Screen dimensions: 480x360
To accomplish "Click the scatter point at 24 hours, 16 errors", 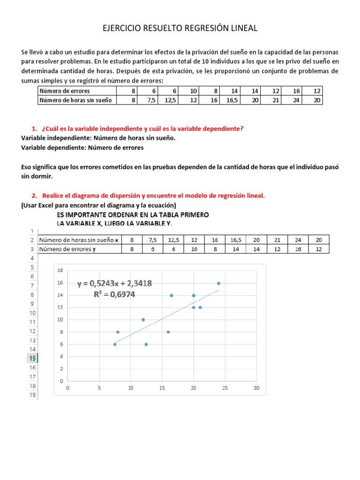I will [x=218, y=283].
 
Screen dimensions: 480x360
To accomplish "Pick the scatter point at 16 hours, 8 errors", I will [x=168, y=332].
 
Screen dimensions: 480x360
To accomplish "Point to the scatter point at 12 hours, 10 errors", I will [x=143, y=320].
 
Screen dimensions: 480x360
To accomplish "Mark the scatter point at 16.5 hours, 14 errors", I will [x=172, y=295].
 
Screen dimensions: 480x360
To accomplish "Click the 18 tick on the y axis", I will [x=60, y=271].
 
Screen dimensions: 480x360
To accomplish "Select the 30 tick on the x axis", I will [x=256, y=388].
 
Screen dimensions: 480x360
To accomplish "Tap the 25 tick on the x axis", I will [x=225, y=388].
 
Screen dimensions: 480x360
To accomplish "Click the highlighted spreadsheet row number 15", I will [x=32, y=358].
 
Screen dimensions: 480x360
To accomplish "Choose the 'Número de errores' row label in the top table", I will [x=65, y=91].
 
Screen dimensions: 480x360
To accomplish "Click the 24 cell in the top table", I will [x=296, y=100].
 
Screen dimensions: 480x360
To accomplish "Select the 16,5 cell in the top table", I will [x=232, y=100].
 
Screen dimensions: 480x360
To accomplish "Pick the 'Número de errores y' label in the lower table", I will [x=67, y=249].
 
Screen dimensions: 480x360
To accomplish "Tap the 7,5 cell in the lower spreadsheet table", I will [x=153, y=240].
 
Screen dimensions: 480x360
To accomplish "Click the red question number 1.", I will [x=34, y=129].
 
